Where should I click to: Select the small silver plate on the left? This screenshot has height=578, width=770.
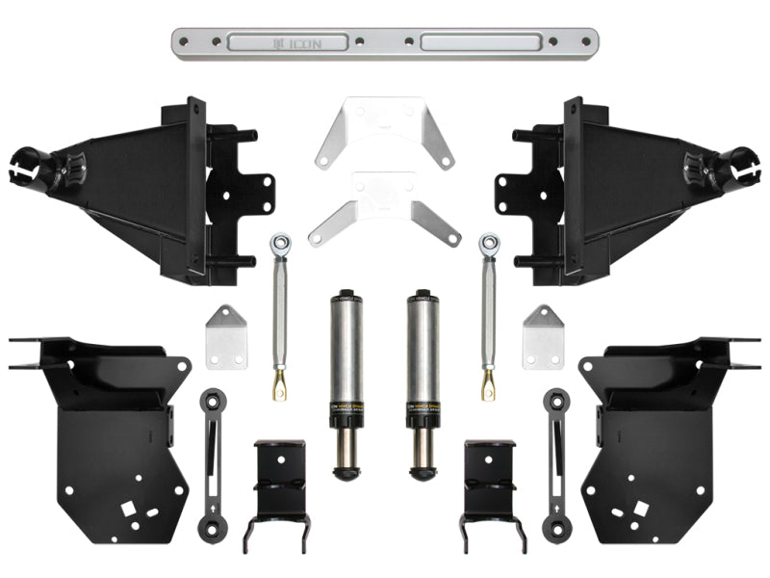tap(225, 337)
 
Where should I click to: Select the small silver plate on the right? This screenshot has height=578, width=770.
tap(543, 337)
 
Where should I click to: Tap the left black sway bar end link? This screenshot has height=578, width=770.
tap(211, 462)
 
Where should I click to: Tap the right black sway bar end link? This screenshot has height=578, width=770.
tap(556, 462)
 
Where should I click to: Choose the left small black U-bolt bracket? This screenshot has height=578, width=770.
tap(279, 486)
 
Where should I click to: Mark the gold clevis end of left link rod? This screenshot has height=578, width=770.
tap(278, 388)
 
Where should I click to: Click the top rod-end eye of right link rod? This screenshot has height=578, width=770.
tap(489, 242)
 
